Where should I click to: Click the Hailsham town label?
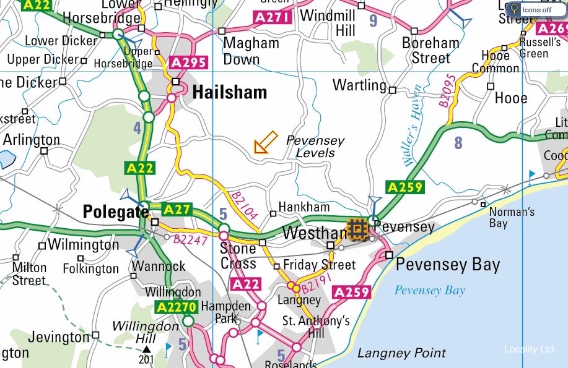pyautogui.click(x=230, y=93)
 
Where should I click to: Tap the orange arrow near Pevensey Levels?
pyautogui.click(x=266, y=142)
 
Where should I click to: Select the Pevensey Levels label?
pyautogui.click(x=315, y=147)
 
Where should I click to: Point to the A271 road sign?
pyautogui.click(x=273, y=18)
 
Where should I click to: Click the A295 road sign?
pyautogui.click(x=188, y=63)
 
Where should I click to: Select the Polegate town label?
pyautogui.click(x=116, y=212)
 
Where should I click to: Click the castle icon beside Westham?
pyautogui.click(x=357, y=229)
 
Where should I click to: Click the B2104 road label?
pyautogui.click(x=244, y=205)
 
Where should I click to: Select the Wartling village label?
pyautogui.click(x=359, y=85)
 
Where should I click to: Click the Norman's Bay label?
pyautogui.click(x=512, y=217)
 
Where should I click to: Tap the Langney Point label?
pyautogui.click(x=401, y=354)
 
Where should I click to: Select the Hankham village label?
pyautogui.click(x=304, y=207)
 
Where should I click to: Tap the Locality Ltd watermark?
pyautogui.click(x=528, y=349)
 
